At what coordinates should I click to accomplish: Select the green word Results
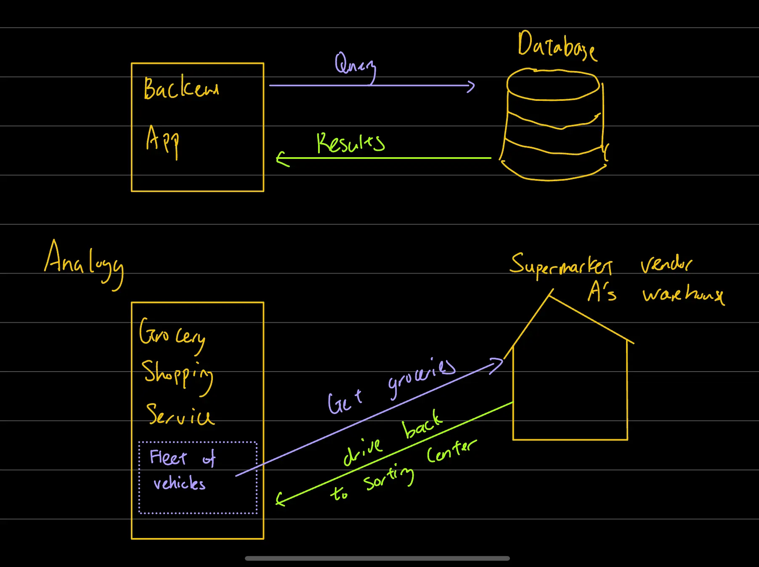pos(350,143)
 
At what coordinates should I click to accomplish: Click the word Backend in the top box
pos(181,88)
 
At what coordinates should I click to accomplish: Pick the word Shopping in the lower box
pos(177,374)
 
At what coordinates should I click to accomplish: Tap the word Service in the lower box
pos(180,415)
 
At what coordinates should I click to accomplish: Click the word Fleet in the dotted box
pos(168,457)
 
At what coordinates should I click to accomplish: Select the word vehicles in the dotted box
pos(179,483)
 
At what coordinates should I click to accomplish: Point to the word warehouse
pos(683,294)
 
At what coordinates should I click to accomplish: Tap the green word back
pos(422,425)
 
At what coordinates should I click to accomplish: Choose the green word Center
pos(451,451)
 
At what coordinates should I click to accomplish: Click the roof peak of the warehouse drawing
pos(549,295)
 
